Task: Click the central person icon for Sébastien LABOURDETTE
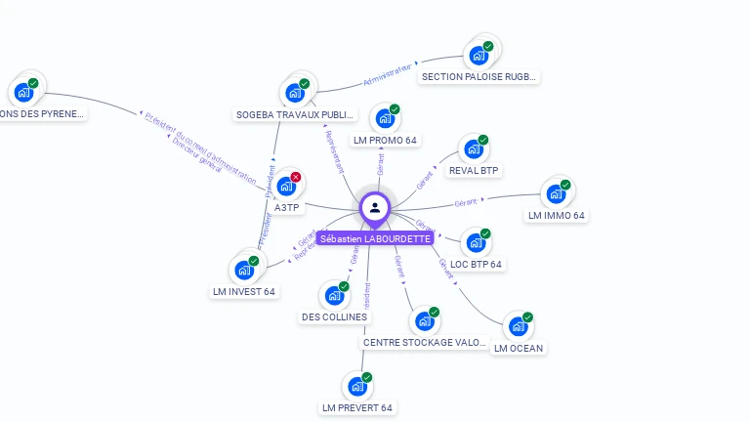click(x=375, y=208)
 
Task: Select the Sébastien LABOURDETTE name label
click(x=375, y=238)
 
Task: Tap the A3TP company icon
click(x=285, y=186)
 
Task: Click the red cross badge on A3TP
click(x=296, y=177)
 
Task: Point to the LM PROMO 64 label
click(x=386, y=141)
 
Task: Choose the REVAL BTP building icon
click(x=473, y=149)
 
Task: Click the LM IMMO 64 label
click(x=557, y=215)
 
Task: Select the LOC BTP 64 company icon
click(x=475, y=243)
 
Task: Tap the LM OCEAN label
click(x=519, y=348)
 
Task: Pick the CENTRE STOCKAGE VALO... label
click(x=424, y=343)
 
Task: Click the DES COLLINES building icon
click(x=334, y=295)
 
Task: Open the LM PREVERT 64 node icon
click(x=356, y=387)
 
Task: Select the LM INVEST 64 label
click(x=244, y=291)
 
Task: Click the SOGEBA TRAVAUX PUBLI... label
click(x=296, y=115)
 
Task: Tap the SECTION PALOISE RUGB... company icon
click(x=479, y=55)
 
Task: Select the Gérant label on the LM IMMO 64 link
click(x=465, y=202)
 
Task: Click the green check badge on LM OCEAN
click(x=527, y=317)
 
